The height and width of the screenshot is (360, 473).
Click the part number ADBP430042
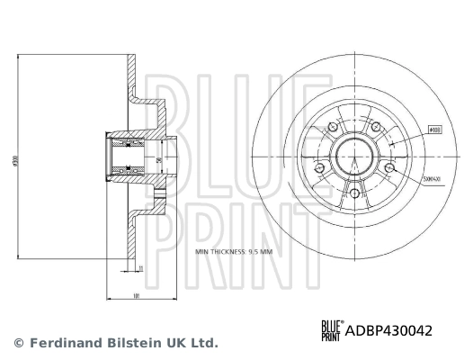pos(389,331)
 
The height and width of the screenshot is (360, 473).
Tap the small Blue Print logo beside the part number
pos(332,331)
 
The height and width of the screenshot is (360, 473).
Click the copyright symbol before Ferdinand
pos(18,343)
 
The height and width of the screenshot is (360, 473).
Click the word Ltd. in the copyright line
pos(202,343)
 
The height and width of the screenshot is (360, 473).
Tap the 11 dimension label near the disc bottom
pos(140,267)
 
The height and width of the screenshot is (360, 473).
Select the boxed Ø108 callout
pos(433,130)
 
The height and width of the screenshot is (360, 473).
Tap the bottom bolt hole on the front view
pos(354,193)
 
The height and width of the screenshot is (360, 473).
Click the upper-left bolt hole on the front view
pos(333,128)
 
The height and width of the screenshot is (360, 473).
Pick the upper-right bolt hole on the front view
pos(376,128)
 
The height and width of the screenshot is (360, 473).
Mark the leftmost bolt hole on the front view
pos(319,168)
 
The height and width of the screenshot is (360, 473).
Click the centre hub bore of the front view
pos(354,157)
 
